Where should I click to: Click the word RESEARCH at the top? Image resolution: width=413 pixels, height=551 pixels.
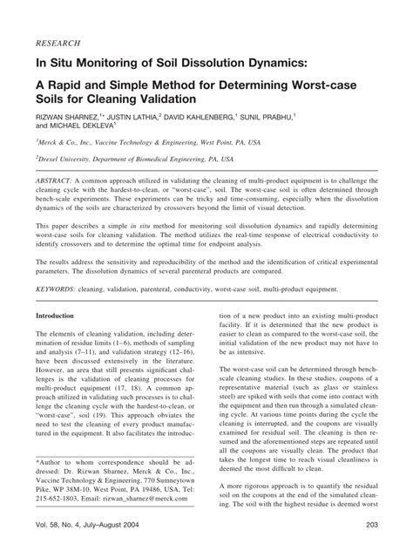[58, 41]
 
